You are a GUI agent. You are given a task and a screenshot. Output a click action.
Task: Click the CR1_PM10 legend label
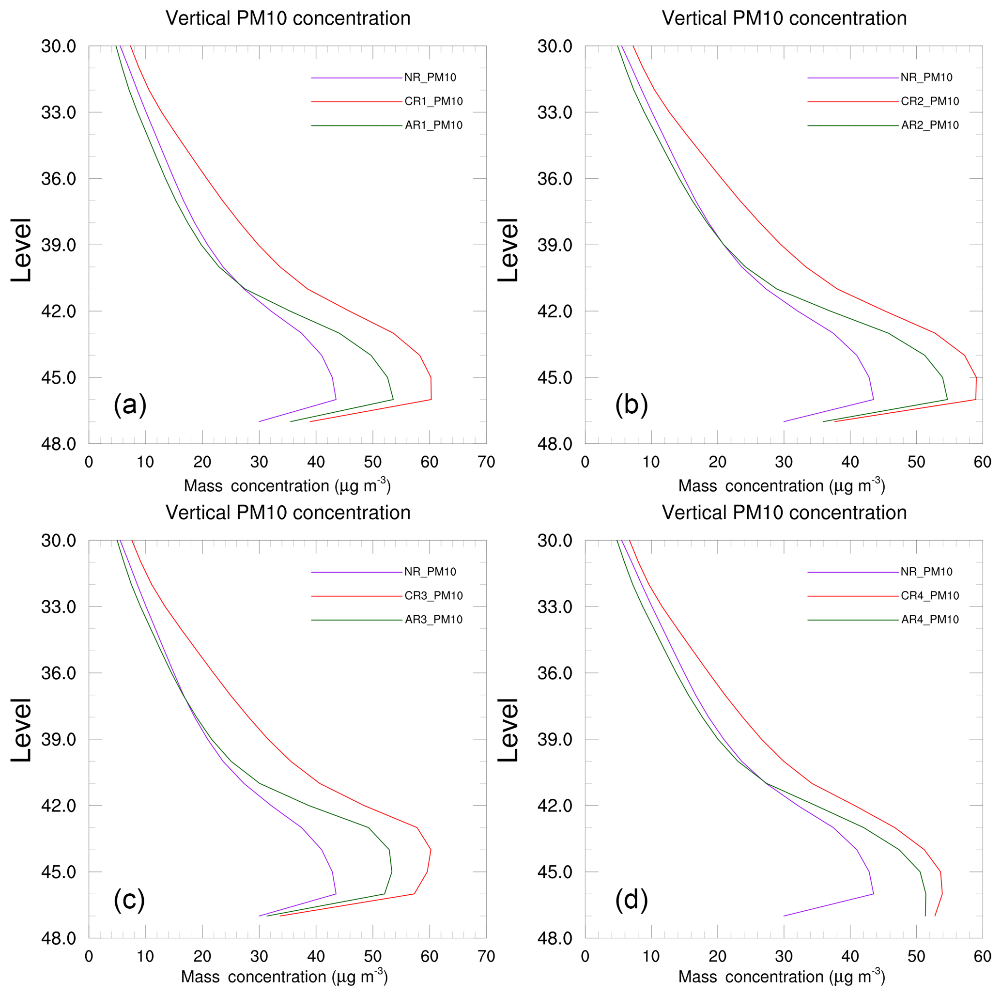coord(433,102)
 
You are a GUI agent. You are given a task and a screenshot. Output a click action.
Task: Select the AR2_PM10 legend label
coord(930,125)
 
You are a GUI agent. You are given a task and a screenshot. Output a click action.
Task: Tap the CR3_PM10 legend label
coord(433,596)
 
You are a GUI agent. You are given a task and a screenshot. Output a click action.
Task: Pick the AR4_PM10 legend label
coord(930,620)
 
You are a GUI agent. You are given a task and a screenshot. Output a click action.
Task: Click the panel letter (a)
coord(130,405)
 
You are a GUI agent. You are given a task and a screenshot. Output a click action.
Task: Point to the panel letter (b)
coord(631,405)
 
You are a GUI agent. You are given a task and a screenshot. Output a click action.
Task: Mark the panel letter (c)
coord(129,900)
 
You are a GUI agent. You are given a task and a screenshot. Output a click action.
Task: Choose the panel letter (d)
coord(631,900)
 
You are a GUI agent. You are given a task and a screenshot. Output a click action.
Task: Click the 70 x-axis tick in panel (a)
coord(486,462)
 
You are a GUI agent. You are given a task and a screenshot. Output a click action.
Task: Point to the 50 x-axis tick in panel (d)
coord(916,957)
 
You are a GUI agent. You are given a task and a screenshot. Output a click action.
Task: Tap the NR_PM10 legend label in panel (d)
coord(926,572)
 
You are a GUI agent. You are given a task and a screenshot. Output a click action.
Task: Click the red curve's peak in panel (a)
coord(431,389)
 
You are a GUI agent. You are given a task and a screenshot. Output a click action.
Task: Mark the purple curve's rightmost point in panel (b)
coord(874,400)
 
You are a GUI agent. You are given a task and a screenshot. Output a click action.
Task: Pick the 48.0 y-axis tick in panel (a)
coord(59,444)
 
